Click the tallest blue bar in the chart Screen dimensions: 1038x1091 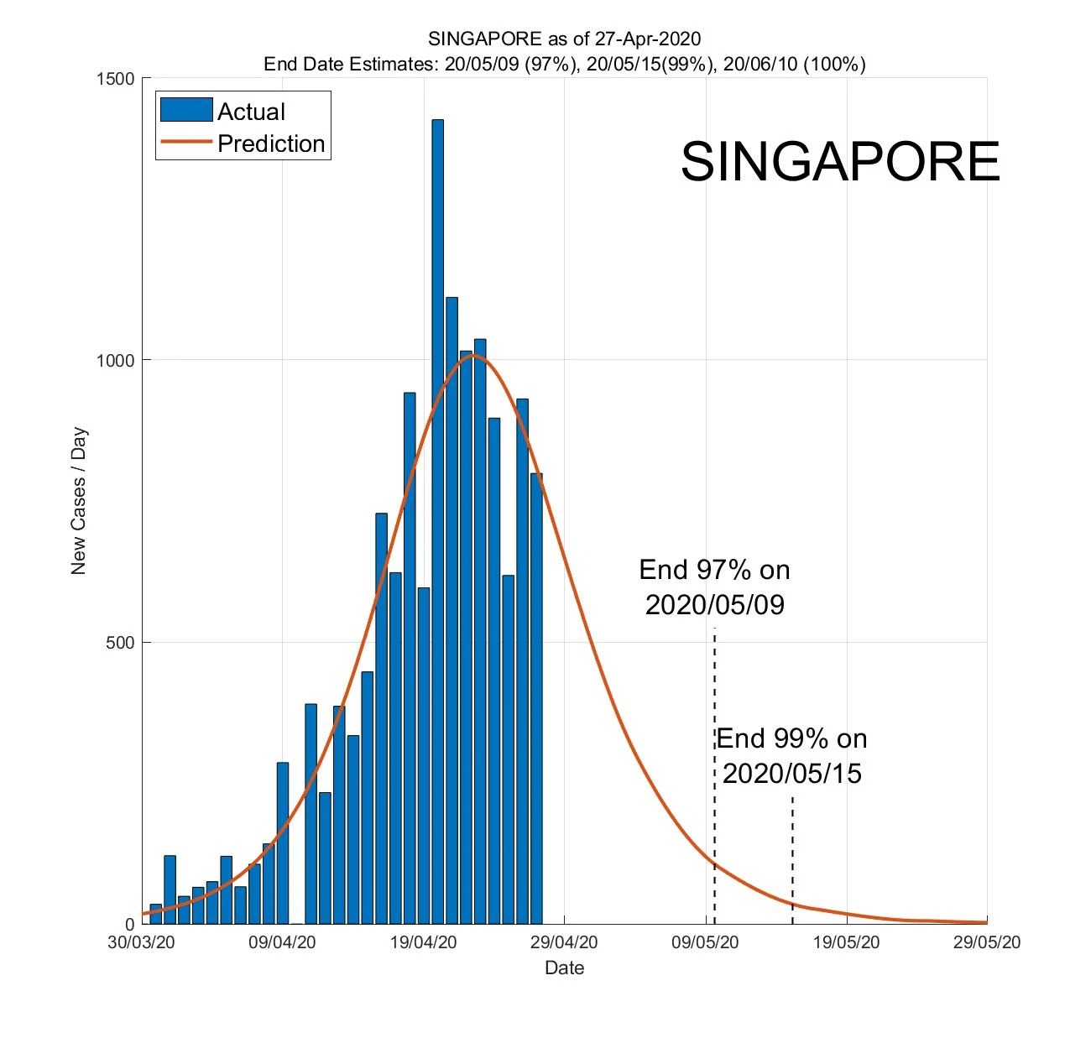pos(437,520)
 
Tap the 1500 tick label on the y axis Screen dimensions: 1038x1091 pos(117,79)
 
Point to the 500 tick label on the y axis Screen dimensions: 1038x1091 pos(123,643)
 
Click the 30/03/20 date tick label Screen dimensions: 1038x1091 pos(141,942)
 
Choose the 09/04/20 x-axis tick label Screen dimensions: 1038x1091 pos(282,942)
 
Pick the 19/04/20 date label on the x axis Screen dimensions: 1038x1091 pos(423,942)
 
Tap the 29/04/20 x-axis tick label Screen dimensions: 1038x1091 pos(564,942)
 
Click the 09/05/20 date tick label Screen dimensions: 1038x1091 pos(705,942)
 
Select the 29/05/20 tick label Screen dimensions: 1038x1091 pos(987,942)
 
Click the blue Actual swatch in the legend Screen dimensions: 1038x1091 pos(186,111)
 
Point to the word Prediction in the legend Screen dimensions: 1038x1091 pos(271,143)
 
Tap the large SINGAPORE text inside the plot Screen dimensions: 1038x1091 pos(839,161)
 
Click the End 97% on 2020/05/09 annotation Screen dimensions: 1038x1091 pos(714,587)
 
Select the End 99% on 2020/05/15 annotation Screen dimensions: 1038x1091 pos(791,755)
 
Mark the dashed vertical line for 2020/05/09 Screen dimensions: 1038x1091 pos(714,755)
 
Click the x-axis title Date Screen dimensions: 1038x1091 pos(564,968)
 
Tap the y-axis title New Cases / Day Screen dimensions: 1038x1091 pos(79,501)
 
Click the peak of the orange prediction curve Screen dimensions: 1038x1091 pos(473,355)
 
